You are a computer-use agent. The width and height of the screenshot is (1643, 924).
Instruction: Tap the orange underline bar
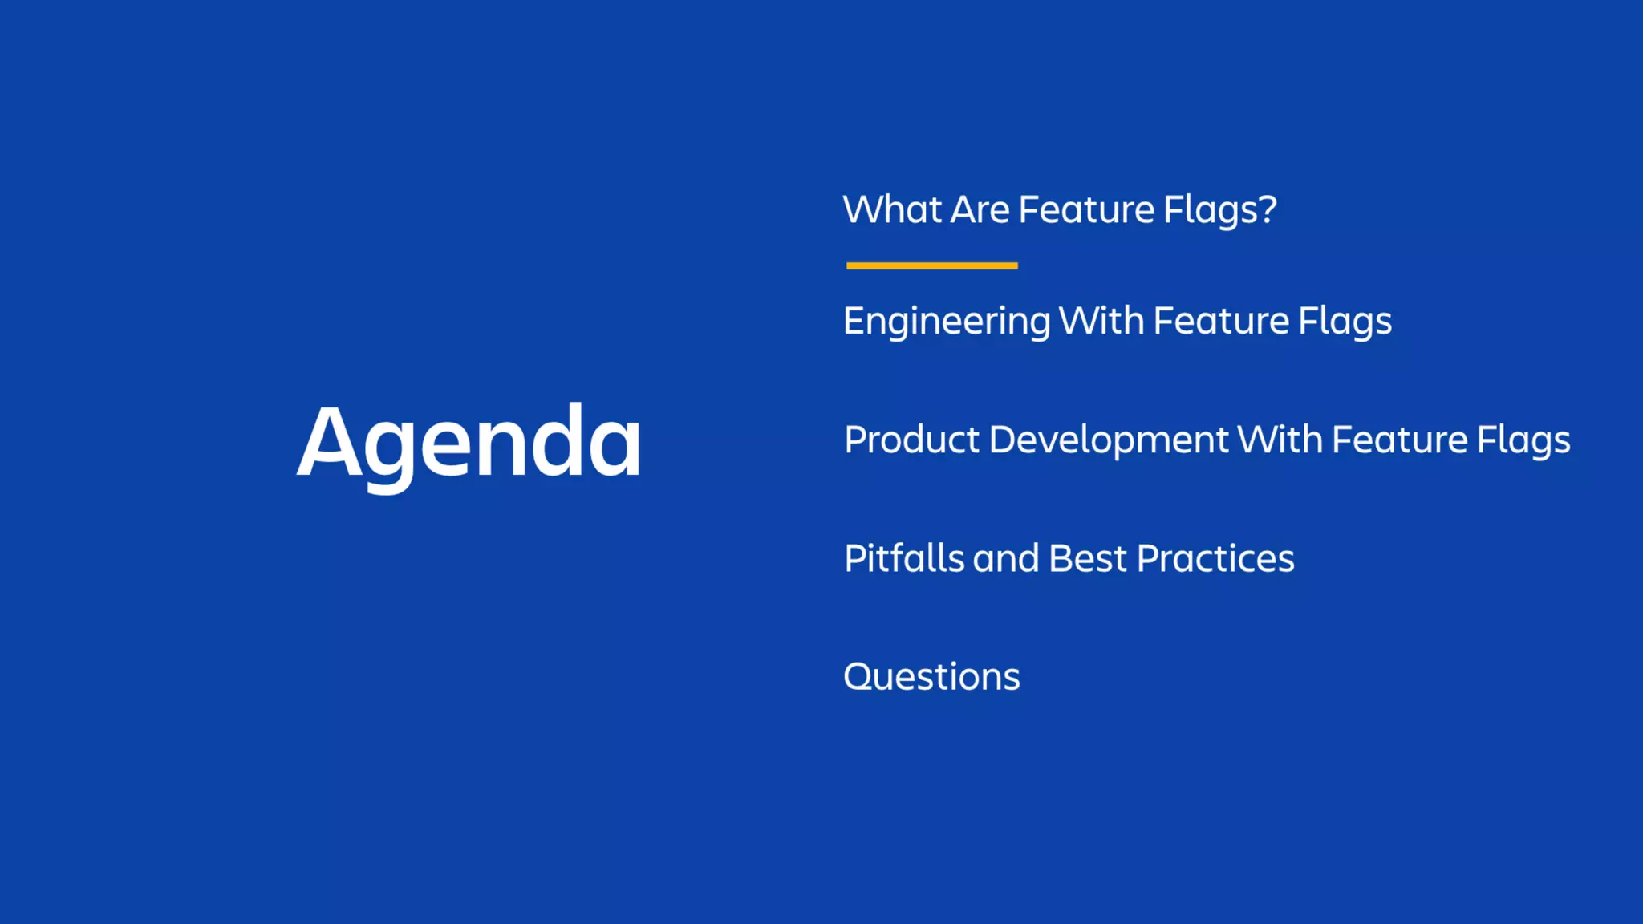point(931,265)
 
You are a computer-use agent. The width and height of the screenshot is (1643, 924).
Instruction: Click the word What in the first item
point(892,209)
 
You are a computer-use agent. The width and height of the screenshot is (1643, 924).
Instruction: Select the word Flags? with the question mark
point(1219,211)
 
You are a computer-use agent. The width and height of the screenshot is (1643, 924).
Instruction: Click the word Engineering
point(947,322)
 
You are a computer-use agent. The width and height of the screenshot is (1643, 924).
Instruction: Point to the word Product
point(911,440)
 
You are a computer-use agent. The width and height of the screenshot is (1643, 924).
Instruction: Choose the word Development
point(1108,440)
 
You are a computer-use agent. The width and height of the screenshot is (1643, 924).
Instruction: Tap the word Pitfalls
point(904,558)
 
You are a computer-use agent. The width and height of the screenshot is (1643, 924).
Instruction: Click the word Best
point(1087,558)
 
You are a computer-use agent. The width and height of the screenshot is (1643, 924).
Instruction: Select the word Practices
point(1215,558)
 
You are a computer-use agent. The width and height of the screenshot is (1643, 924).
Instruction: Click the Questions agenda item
point(931,676)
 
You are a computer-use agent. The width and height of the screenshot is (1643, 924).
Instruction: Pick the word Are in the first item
point(980,209)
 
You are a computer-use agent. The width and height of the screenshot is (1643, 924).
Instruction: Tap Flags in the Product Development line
point(1523,440)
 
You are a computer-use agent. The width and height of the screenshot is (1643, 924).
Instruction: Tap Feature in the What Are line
point(1086,209)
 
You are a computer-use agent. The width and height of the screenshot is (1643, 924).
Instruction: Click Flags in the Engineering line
point(1345,322)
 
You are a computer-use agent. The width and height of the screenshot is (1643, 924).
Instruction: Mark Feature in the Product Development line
point(1399,440)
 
